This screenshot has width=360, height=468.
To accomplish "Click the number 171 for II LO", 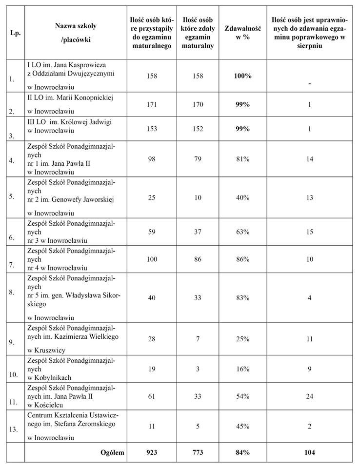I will (152, 105).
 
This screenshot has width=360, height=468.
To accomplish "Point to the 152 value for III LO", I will (198, 129).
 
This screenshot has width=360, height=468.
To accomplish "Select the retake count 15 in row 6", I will (310, 232).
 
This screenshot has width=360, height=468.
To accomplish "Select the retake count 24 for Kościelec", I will (310, 396).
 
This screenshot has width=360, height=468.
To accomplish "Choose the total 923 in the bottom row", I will (152, 452).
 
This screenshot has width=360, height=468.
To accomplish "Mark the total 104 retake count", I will (310, 452).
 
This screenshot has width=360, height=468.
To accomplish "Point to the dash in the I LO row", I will (310, 83).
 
